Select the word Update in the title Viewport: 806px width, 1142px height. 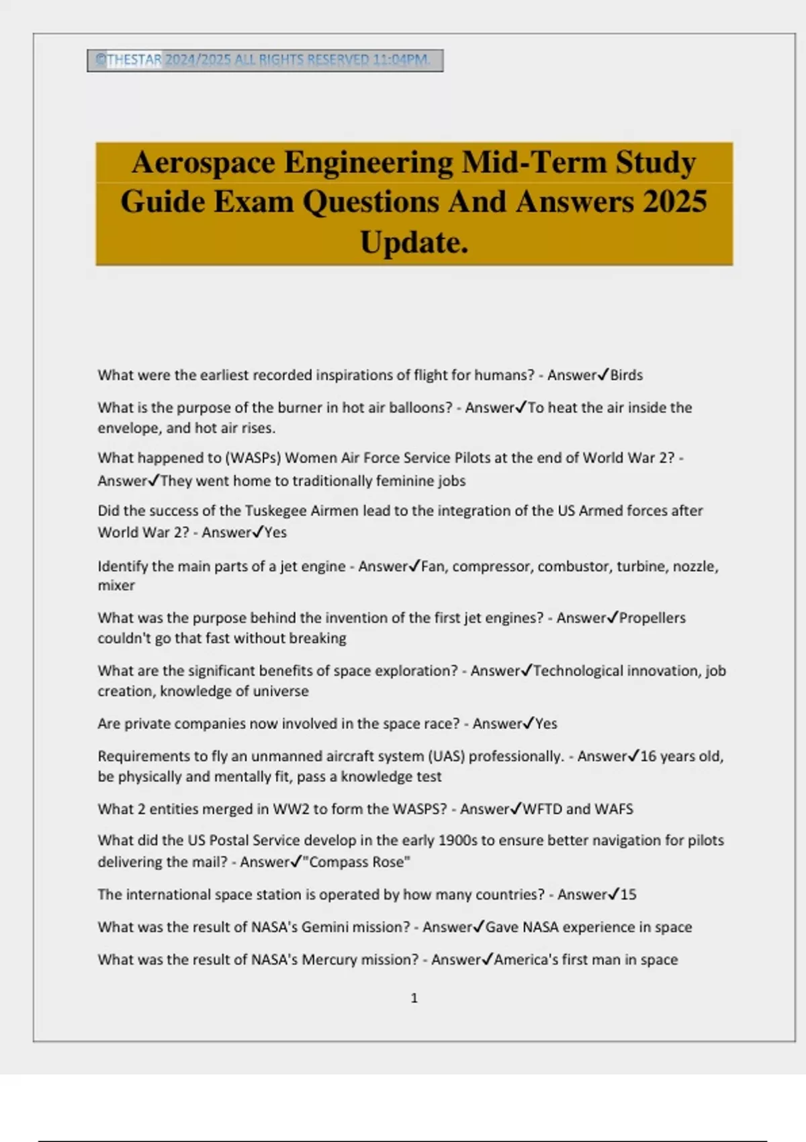(408, 243)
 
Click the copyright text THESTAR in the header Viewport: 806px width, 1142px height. (134, 60)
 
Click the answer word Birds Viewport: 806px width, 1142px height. (626, 376)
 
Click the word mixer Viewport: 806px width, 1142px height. (116, 586)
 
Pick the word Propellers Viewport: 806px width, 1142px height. (652, 618)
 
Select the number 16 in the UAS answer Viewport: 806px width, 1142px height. (647, 756)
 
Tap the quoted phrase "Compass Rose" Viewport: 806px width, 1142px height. (357, 863)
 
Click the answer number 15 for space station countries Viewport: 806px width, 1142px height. (628, 895)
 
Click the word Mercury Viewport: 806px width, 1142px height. (331, 960)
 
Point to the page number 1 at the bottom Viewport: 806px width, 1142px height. (414, 998)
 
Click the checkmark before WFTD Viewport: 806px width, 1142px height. (516, 809)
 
